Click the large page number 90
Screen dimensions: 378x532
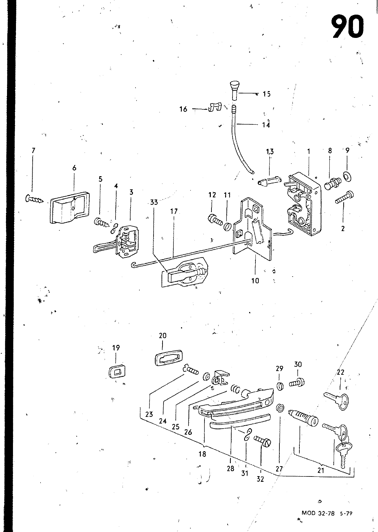(x=347, y=26)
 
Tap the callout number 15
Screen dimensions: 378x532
(x=267, y=94)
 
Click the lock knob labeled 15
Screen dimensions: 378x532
(x=234, y=91)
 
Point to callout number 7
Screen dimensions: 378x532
(x=33, y=150)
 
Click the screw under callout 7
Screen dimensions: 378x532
(x=34, y=199)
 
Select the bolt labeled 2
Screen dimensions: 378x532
(x=344, y=197)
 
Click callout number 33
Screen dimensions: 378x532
(x=154, y=202)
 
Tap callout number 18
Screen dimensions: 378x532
(x=202, y=454)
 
